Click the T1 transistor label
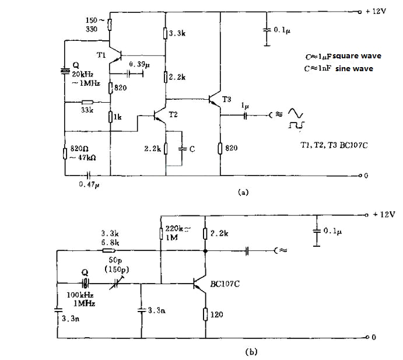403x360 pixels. pyautogui.click(x=101, y=55)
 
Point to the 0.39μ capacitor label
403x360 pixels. pyautogui.click(x=140, y=64)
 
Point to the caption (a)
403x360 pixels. pyautogui.click(x=243, y=192)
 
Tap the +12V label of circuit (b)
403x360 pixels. pyautogui.click(x=384, y=214)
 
